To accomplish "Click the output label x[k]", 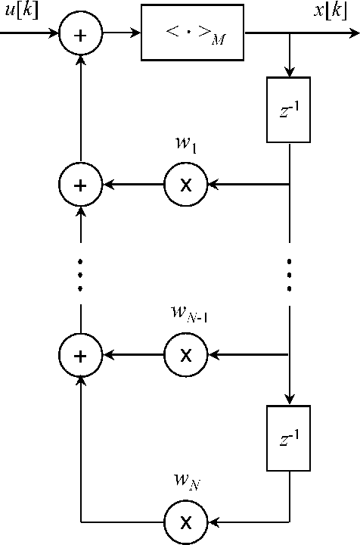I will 331,13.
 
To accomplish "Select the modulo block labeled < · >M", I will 193,34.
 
